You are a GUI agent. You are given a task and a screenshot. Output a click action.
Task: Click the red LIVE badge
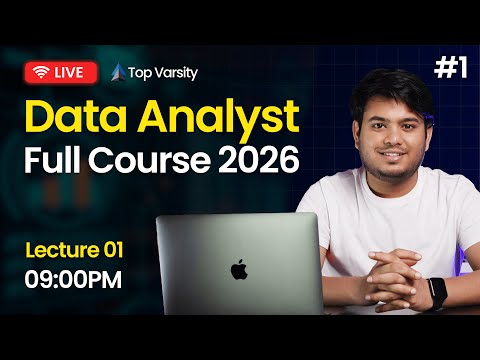click(61, 72)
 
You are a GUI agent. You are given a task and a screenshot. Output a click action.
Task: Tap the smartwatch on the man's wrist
click(437, 292)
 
